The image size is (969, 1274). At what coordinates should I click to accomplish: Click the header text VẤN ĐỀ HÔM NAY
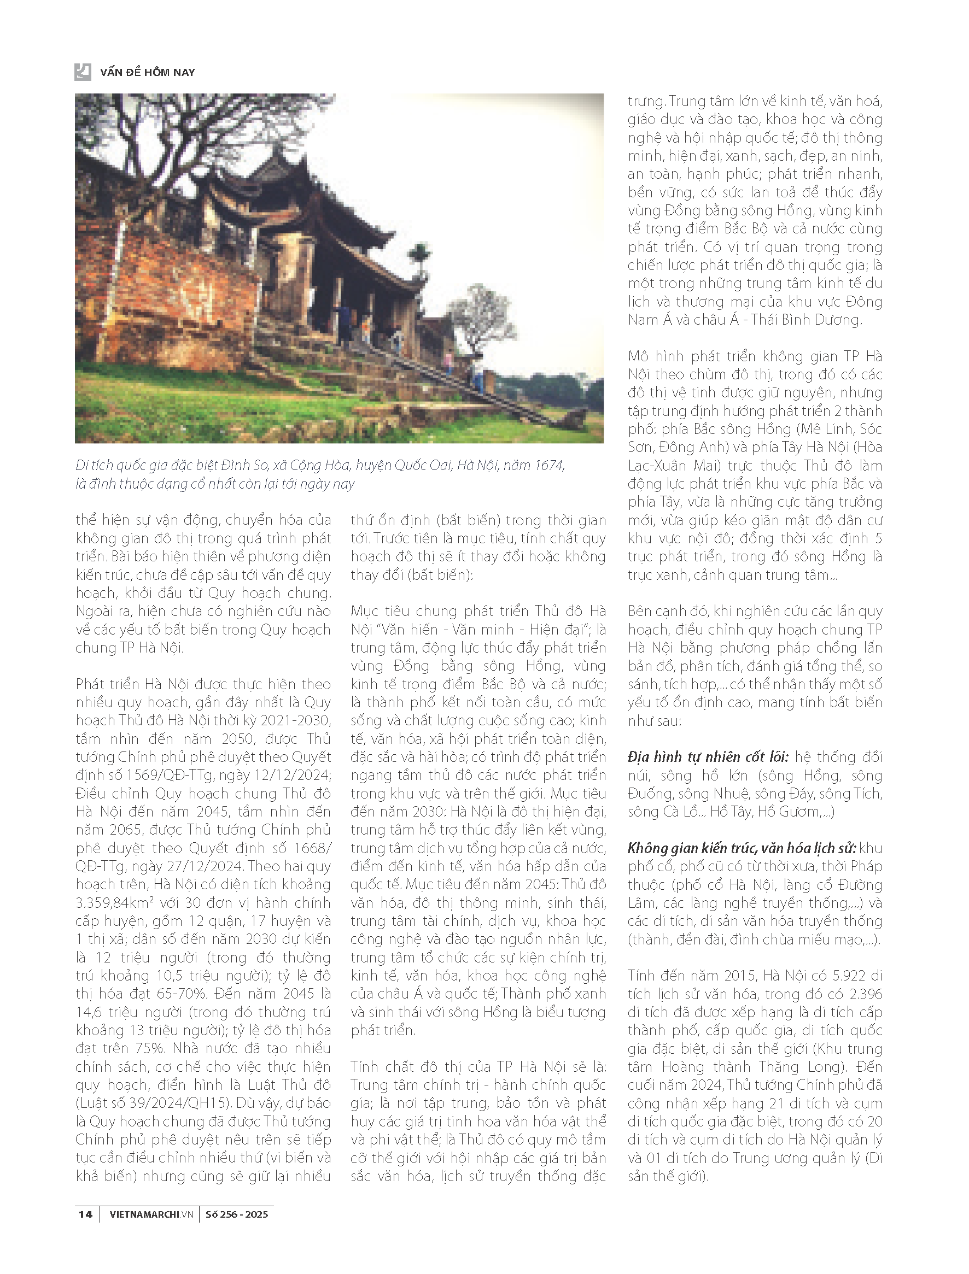pos(147,73)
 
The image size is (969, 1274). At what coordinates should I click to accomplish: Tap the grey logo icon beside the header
pos(83,72)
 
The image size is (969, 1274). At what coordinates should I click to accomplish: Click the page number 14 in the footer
pos(85,1214)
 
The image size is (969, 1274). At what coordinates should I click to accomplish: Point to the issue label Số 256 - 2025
pos(236,1214)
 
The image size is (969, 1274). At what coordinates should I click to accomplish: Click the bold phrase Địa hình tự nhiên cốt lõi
pos(708,757)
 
